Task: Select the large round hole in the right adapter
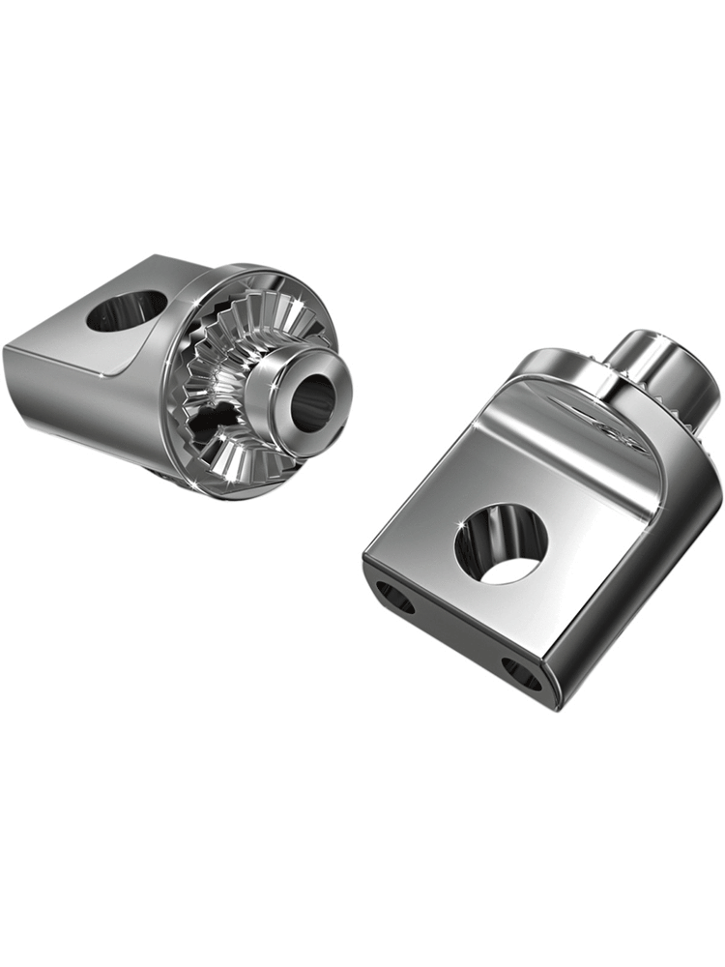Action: [501, 543]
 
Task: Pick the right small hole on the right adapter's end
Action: [523, 674]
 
